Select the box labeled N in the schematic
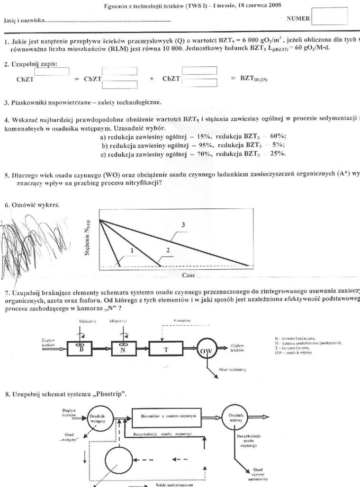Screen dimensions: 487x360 coord(124,350)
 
